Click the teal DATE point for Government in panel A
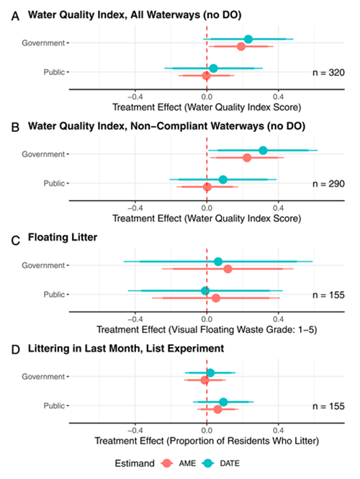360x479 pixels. pyautogui.click(x=248, y=39)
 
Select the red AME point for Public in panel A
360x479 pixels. pyautogui.click(x=206, y=76)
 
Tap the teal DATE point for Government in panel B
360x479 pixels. pyautogui.click(x=263, y=151)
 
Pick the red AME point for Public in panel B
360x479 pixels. pyautogui.click(x=207, y=187)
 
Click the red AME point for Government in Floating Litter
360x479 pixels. pyautogui.click(x=228, y=269)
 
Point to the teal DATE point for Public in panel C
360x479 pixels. pyautogui.click(x=205, y=290)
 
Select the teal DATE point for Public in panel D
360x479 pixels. pyautogui.click(x=223, y=402)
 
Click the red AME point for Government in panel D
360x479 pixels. pyautogui.click(x=205, y=380)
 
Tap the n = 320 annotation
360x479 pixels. pyautogui.click(x=328, y=73)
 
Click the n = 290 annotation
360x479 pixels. pyautogui.click(x=328, y=184)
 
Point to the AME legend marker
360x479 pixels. pyautogui.click(x=167, y=463)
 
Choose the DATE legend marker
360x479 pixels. pyautogui.click(x=208, y=463)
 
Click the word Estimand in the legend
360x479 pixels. pyautogui.click(x=135, y=463)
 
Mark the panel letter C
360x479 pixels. pyautogui.click(x=15, y=241)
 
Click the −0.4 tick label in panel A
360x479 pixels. pyautogui.click(x=135, y=97)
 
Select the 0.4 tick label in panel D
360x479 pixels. pyautogui.click(x=278, y=431)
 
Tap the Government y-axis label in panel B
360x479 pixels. pyautogui.click(x=43, y=154)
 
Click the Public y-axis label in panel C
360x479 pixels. pyautogui.click(x=54, y=295)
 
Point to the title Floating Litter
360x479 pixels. pyautogui.click(x=63, y=238)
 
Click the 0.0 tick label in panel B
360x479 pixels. pyautogui.click(x=207, y=208)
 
